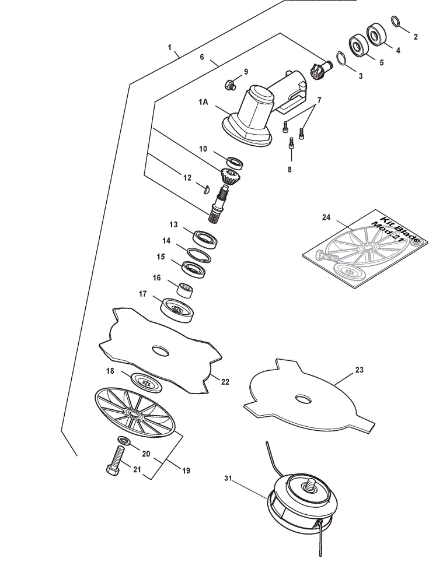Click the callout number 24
click(326, 217)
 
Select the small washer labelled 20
click(124, 441)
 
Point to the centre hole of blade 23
click(303, 399)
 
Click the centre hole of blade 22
click(161, 350)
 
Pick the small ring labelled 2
click(396, 21)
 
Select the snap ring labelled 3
click(341, 59)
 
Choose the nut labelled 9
click(231, 85)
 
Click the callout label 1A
click(203, 102)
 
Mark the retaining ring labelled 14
click(198, 255)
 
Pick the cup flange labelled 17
click(177, 310)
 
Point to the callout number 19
click(186, 470)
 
